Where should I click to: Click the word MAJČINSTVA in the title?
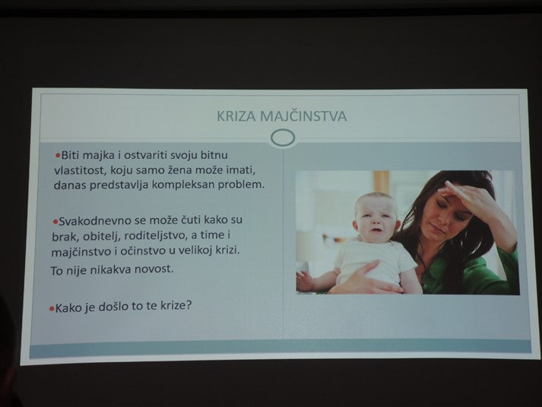tap(303, 116)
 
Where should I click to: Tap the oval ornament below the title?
tap(283, 138)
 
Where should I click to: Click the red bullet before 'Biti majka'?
tap(58, 155)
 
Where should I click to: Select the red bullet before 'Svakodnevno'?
tap(55, 221)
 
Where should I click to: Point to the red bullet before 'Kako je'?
tap(52, 308)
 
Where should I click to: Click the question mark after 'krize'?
tap(189, 305)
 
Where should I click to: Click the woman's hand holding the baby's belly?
tap(367, 278)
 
